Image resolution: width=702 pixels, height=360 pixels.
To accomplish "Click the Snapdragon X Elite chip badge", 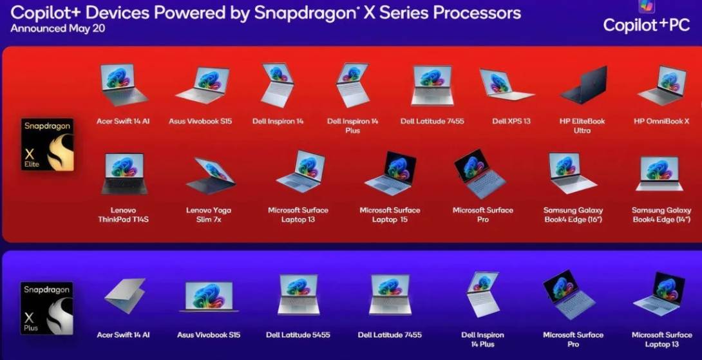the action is click(47, 145).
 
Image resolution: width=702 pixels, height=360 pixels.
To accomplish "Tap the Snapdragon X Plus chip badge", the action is click(47, 308).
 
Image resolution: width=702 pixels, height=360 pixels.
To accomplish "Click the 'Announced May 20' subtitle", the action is click(57, 28).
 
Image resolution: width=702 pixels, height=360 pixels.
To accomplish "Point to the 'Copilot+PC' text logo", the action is click(647, 25).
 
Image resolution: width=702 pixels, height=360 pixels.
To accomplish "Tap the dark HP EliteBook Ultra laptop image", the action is click(583, 86).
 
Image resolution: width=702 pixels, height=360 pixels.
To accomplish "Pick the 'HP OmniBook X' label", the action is click(661, 121).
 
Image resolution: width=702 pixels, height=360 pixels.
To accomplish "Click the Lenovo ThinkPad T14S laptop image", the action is click(124, 174).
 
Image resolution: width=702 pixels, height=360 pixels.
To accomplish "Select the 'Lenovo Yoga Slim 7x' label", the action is click(209, 214).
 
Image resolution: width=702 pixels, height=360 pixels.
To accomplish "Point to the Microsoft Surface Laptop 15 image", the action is click(390, 174).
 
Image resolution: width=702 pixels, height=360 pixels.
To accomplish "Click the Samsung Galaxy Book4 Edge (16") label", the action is click(573, 214).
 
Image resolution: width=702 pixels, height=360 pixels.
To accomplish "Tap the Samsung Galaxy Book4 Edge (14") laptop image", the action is click(659, 174).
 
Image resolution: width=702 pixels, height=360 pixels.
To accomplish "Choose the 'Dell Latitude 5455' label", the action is click(298, 335).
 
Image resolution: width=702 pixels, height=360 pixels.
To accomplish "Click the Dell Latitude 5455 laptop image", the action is click(298, 294).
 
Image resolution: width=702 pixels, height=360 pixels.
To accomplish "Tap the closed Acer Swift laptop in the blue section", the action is click(125, 296).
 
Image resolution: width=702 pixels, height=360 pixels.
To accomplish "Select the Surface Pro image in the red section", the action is click(480, 174).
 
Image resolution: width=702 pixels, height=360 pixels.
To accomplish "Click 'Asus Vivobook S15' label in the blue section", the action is click(209, 335).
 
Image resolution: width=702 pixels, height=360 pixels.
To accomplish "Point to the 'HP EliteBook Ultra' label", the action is click(582, 126).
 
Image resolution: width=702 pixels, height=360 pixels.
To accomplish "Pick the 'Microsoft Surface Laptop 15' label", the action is click(390, 214).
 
